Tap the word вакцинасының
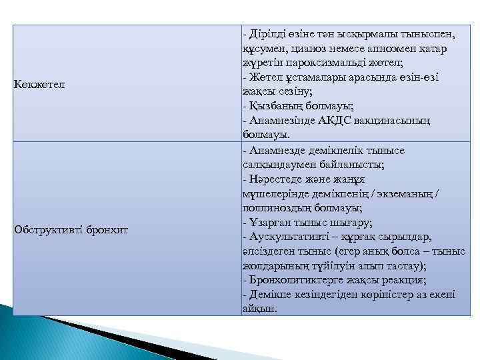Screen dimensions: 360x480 coord(391,121)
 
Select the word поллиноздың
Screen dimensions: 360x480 coord(273,208)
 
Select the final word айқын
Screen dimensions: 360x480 coord(259,309)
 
